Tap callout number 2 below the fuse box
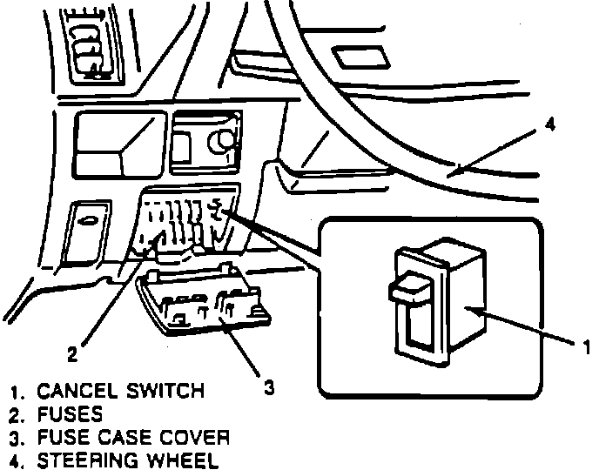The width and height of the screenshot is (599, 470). click(x=75, y=353)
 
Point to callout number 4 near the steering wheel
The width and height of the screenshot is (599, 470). click(x=549, y=124)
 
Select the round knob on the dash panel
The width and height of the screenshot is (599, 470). click(x=223, y=138)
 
